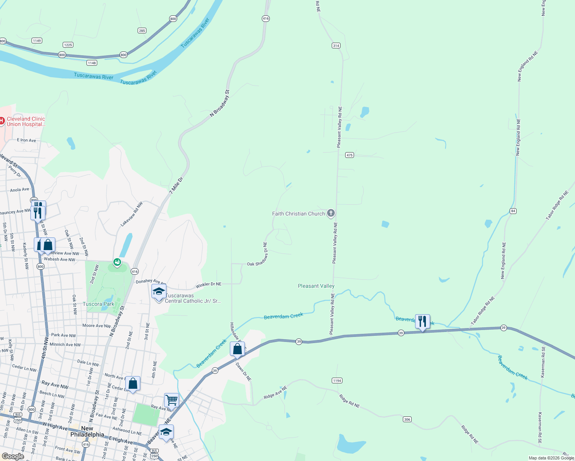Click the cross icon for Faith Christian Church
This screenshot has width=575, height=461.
point(331,213)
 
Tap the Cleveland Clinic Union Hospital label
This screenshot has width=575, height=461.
point(26,121)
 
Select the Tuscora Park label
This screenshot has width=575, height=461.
point(98,304)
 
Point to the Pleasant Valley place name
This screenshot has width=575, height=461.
point(316,286)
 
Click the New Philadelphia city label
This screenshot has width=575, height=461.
point(87,431)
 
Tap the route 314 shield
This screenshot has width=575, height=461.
point(336,45)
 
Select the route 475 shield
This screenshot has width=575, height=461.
point(349,155)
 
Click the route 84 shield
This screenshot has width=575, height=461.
point(513,211)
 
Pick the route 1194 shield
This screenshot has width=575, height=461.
point(337,380)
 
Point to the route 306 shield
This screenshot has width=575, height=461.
point(407,419)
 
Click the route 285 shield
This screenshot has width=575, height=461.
point(142,31)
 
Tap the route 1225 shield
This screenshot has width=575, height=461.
point(68,45)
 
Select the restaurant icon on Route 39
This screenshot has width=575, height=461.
point(422,322)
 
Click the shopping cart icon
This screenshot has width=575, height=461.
point(171,400)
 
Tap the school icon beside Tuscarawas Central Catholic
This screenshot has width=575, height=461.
point(159,292)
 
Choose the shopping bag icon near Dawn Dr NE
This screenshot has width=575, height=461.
point(237,349)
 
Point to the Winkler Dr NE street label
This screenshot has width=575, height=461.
point(208,285)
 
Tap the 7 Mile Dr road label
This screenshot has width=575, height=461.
point(176,185)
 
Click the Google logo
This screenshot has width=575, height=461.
point(13,456)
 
